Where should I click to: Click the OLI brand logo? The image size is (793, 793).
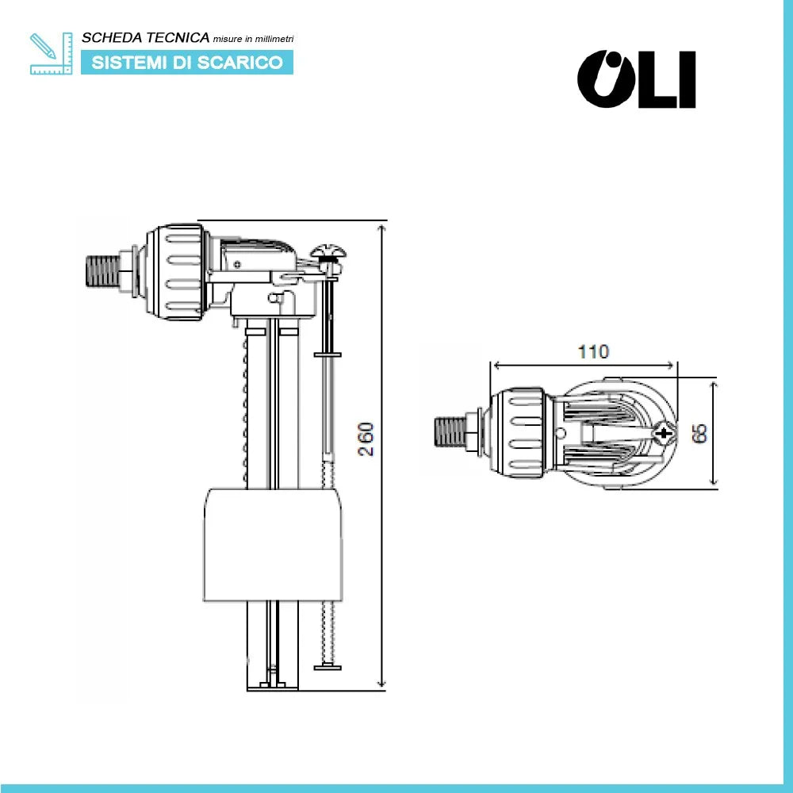(636, 79)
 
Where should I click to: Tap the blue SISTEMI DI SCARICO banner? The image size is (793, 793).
(187, 63)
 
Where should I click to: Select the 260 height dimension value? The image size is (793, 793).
(366, 439)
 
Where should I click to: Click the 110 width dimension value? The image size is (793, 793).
(593, 352)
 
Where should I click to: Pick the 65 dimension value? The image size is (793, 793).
(699, 433)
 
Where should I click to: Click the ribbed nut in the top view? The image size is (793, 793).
(516, 433)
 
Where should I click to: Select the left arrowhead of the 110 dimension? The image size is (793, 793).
(497, 366)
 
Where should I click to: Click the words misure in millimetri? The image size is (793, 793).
(253, 39)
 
